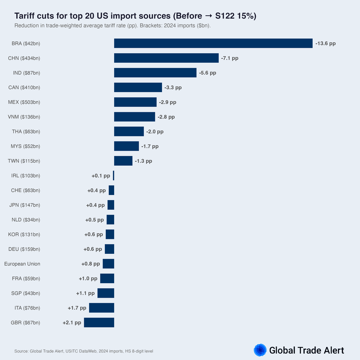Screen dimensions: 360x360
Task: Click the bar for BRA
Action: coord(213,43)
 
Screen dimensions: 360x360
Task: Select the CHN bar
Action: coord(166,58)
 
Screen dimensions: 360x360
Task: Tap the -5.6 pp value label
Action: coord(208,73)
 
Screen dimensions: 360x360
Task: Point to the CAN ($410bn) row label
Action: coord(24,87)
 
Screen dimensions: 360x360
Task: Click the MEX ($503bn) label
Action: coord(24,102)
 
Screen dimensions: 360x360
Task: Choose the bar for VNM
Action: coord(134,117)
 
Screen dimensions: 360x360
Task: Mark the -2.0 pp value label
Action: coord(155,132)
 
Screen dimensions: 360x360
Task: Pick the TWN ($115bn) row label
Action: coord(24,161)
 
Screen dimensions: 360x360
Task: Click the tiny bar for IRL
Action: coord(113,176)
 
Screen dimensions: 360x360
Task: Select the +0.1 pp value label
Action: coord(101,176)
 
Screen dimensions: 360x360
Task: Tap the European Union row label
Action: coord(22,264)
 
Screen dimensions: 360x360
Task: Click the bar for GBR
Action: coord(99,323)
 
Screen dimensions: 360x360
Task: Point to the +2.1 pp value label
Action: coord(72,323)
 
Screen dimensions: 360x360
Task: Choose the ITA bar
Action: coord(101,308)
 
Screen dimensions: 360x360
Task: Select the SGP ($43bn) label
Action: coord(25,293)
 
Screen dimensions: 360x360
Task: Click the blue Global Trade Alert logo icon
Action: coord(260,350)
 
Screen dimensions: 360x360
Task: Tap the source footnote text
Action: coord(83,351)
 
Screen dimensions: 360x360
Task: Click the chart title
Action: coord(135,16)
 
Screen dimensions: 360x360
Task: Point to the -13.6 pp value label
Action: coord(325,43)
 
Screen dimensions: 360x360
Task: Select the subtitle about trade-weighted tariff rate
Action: coord(112,25)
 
